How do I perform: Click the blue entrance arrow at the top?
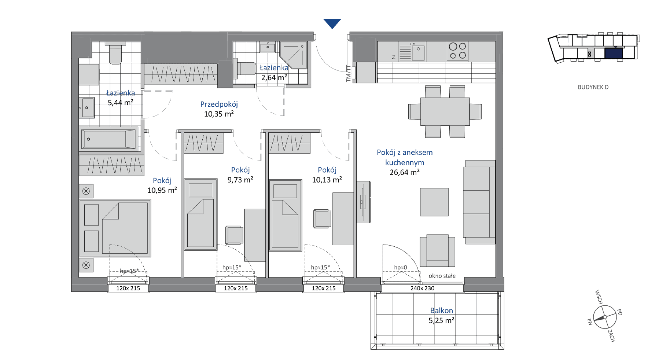[332, 23]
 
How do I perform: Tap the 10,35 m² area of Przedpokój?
[219, 114]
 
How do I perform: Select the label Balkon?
[441, 311]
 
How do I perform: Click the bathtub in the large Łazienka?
[109, 139]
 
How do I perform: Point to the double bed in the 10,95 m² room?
[115, 228]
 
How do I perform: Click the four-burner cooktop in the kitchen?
[458, 51]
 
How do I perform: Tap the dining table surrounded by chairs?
[445, 111]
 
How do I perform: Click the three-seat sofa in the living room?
[479, 202]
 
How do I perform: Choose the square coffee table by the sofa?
[434, 202]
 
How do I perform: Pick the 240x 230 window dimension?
[422, 289]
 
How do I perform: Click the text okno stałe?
[442, 276]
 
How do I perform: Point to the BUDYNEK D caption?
[593, 87]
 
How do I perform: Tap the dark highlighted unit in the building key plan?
[614, 54]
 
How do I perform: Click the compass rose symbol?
[605, 317]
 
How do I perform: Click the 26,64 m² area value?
[405, 172]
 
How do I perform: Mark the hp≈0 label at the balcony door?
[401, 268]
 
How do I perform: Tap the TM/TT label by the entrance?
[349, 73]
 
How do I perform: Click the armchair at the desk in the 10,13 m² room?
[322, 218]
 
